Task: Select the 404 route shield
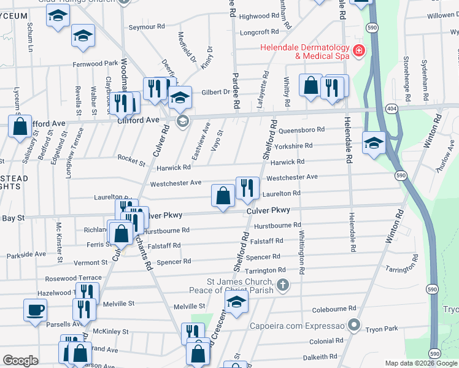coord(390,107)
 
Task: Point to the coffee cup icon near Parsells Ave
coord(35,309)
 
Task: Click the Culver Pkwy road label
coord(268,210)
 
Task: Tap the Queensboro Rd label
coord(301,130)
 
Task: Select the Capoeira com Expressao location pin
coord(353,324)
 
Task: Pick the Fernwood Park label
coord(94,63)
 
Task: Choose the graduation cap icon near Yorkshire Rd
coord(374,142)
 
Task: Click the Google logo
coord(21,361)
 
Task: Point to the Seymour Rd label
coord(147,27)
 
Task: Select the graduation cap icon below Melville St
coord(236,301)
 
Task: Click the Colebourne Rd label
coord(334,309)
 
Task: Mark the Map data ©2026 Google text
coord(420,363)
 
